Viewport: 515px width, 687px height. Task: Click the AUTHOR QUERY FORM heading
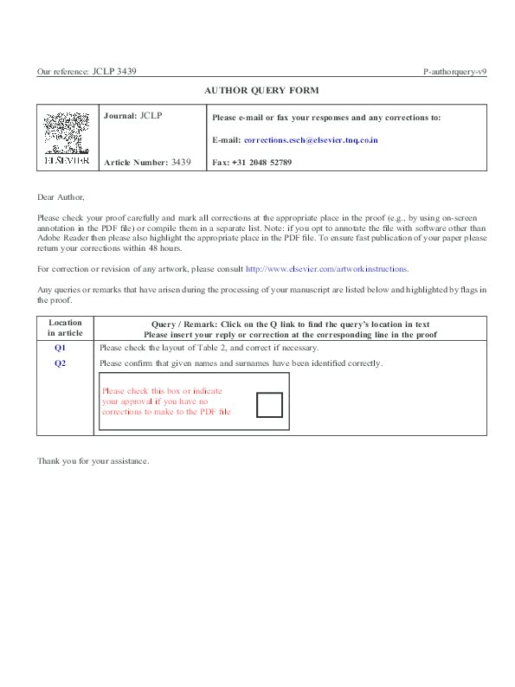click(x=261, y=90)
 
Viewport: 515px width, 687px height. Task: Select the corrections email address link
click(x=311, y=139)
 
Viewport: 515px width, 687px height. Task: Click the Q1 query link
click(x=61, y=347)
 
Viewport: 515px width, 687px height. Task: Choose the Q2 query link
click(x=61, y=363)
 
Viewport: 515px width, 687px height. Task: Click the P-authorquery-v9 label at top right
click(x=454, y=72)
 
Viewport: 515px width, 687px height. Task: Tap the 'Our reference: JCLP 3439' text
click(x=87, y=72)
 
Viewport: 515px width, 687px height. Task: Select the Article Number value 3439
click(x=181, y=162)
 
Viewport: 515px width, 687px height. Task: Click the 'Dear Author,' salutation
click(x=61, y=198)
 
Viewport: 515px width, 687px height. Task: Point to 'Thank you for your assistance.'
click(x=93, y=460)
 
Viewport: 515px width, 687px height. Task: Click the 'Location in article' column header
click(x=65, y=328)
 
